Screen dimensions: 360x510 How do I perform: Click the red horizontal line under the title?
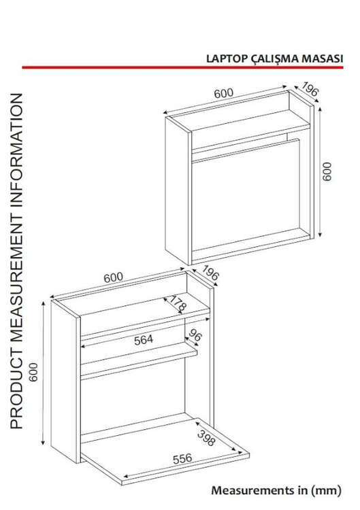click(182, 67)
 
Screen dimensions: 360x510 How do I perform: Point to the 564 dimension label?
click(144, 340)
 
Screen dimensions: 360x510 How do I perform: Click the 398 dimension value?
click(206, 438)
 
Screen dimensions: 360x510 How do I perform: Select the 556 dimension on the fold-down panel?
click(182, 458)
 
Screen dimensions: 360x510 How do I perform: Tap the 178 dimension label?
click(178, 303)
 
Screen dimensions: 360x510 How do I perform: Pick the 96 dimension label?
click(195, 335)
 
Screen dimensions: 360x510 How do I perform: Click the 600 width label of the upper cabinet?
click(224, 93)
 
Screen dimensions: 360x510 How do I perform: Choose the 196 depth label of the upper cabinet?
click(309, 89)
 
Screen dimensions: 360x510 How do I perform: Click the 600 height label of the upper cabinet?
click(327, 171)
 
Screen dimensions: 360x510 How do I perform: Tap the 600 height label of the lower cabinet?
click(33, 372)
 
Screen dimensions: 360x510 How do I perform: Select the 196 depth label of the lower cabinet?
click(210, 273)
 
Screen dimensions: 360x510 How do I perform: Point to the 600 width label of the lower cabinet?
click(113, 277)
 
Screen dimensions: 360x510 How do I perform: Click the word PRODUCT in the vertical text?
click(16, 390)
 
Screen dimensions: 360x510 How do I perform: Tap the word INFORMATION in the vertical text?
click(16, 150)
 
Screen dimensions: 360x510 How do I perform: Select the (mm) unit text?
click(326, 490)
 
